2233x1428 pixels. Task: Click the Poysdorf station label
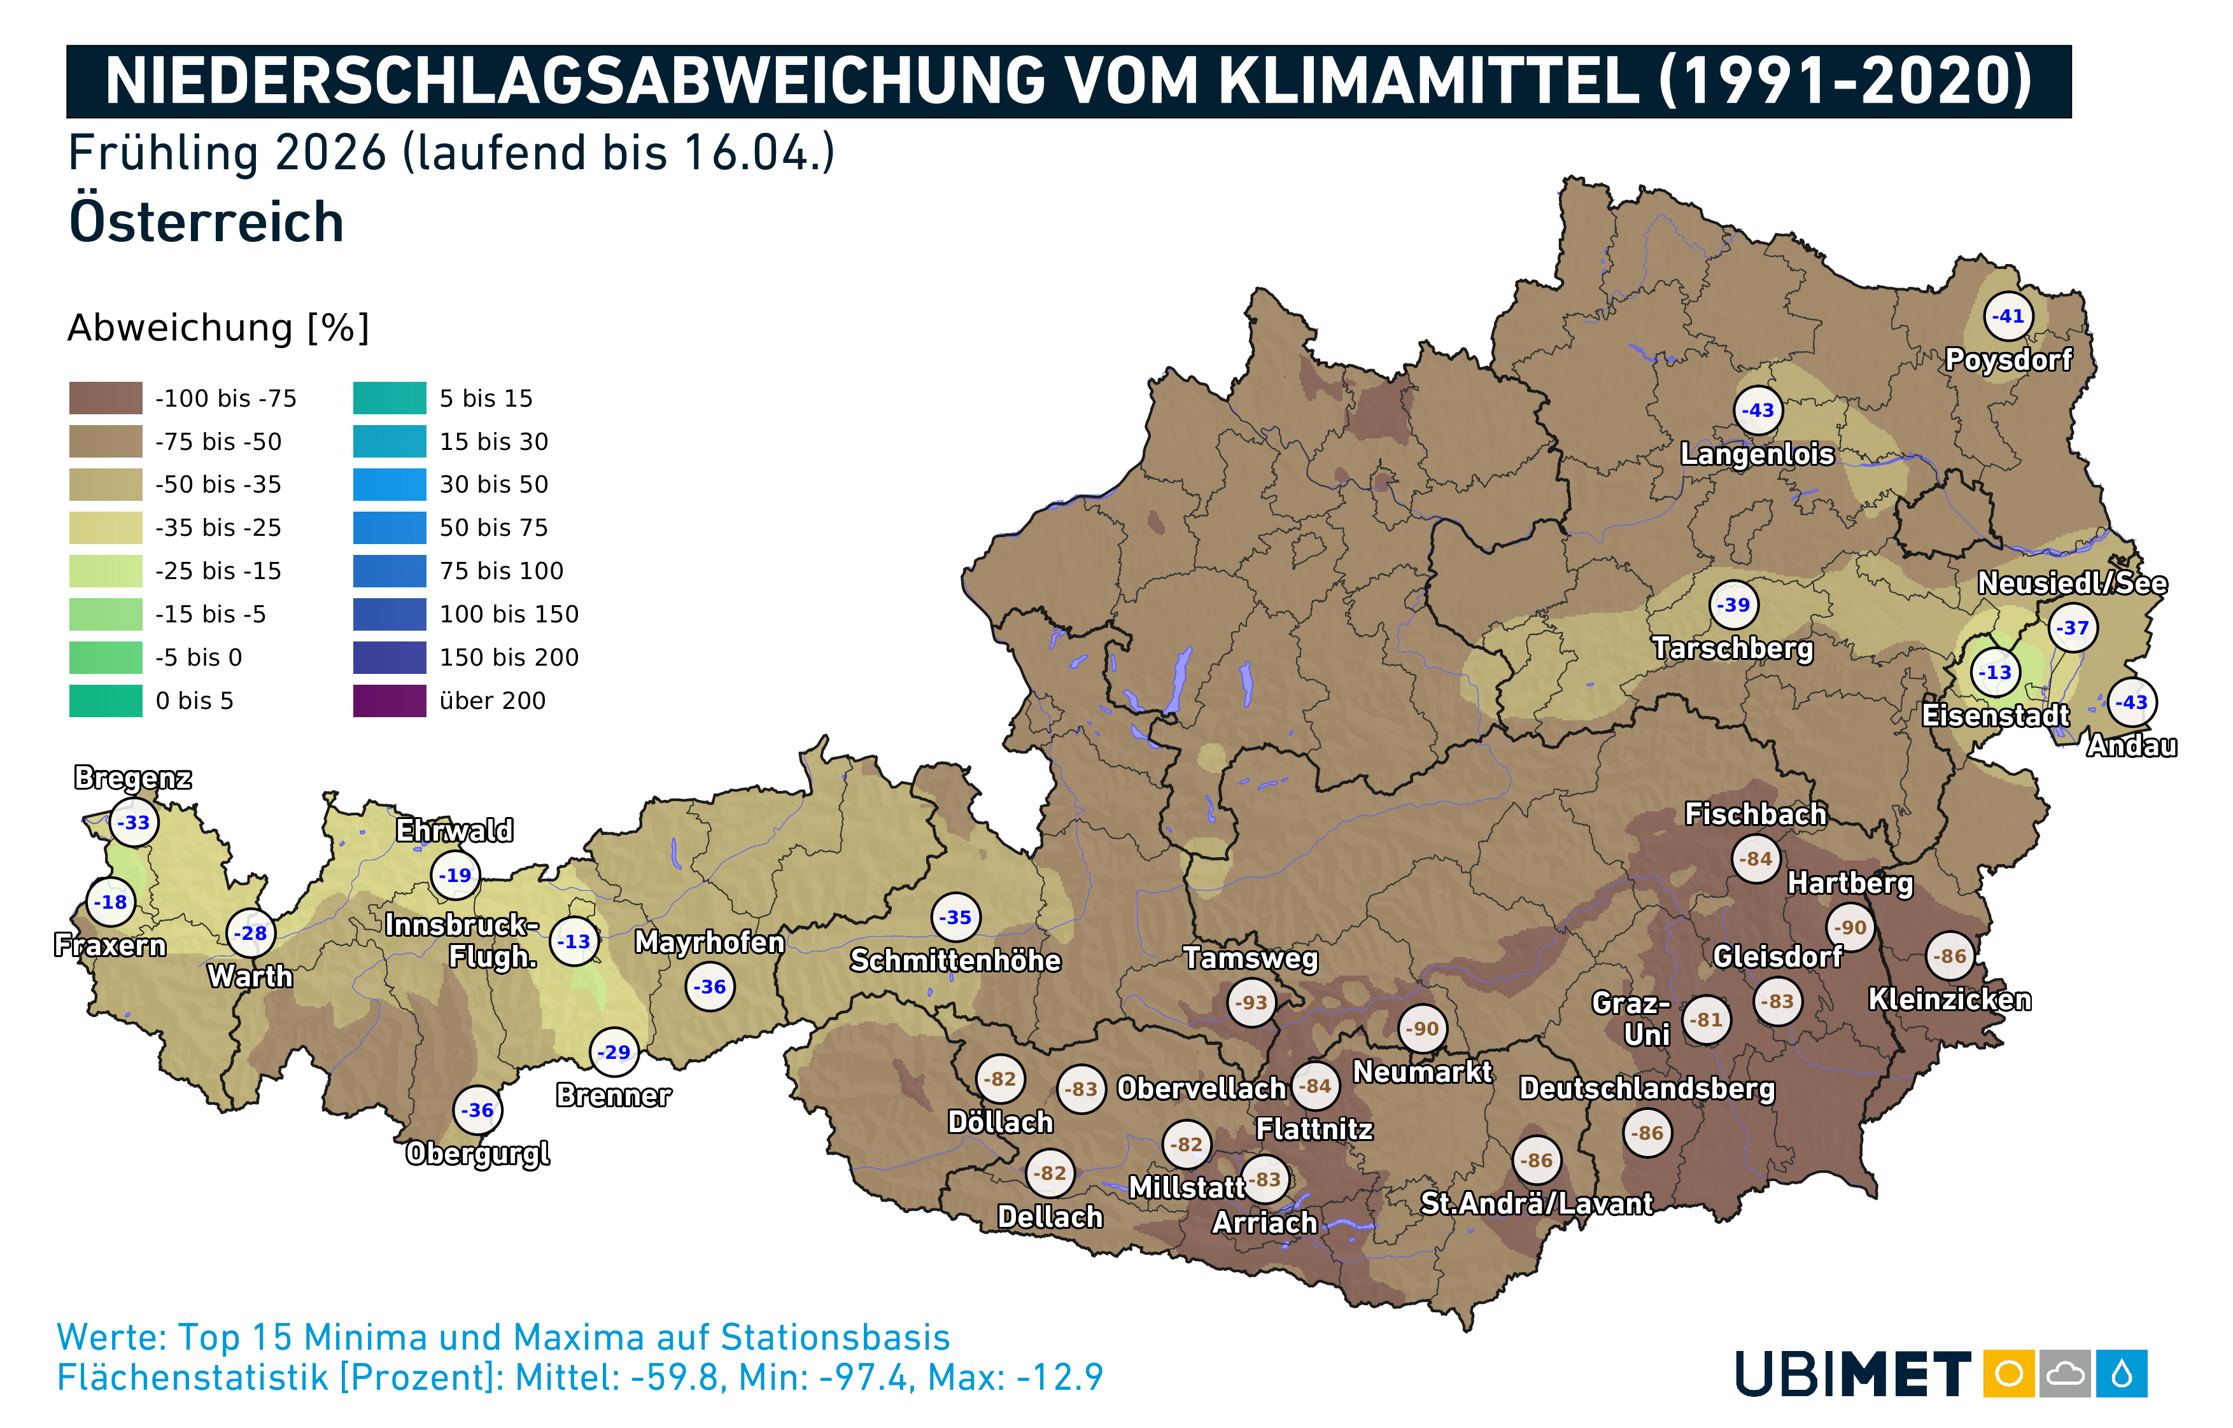(x=2008, y=360)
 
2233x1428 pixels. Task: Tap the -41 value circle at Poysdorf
(x=2008, y=316)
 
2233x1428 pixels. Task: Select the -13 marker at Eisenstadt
(x=1996, y=672)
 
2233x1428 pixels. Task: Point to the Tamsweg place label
(x=1250, y=958)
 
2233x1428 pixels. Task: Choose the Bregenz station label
(x=134, y=777)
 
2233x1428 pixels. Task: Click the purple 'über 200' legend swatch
(x=390, y=701)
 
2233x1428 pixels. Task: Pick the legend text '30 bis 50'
(x=493, y=484)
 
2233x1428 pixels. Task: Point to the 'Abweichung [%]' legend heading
(x=219, y=327)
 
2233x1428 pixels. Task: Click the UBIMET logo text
(x=1853, y=1374)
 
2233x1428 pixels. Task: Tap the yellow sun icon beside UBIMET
(x=2008, y=1373)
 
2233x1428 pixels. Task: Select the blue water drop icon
(x=2122, y=1373)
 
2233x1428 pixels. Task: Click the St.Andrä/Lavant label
(x=1537, y=1203)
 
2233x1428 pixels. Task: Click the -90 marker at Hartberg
(x=1850, y=927)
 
